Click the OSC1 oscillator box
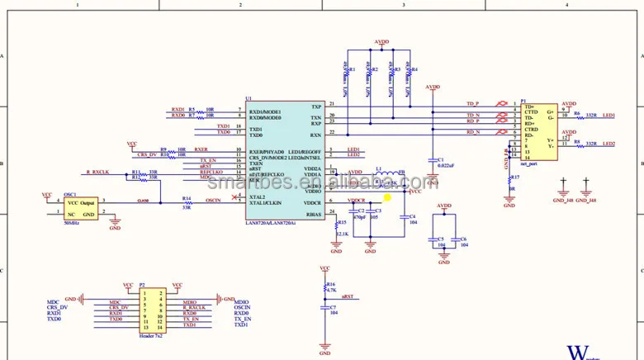point(81,208)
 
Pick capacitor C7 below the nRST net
point(324,309)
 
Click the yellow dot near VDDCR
point(387,197)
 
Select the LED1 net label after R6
point(608,116)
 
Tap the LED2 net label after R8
point(608,144)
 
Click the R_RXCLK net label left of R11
point(98,172)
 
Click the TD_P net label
point(473,104)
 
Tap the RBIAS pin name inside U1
point(313,215)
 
